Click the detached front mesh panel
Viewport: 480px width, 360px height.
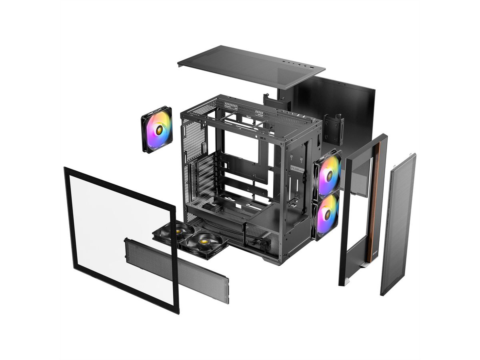398,224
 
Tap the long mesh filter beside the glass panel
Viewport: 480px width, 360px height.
176,270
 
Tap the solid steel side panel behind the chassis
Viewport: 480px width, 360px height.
352,108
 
